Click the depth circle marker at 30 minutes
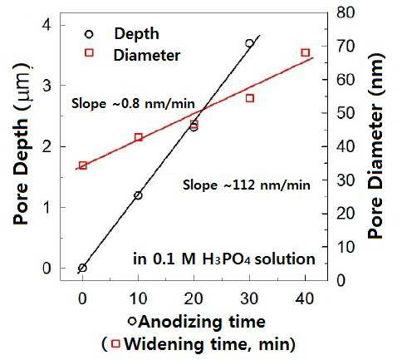click(x=249, y=43)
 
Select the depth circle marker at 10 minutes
click(x=138, y=195)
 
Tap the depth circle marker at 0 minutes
click(x=82, y=268)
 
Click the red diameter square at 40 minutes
click(x=305, y=52)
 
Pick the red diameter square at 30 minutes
click(x=250, y=98)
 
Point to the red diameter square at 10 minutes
click(x=139, y=137)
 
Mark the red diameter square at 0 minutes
click(x=82, y=165)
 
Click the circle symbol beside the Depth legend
click(x=89, y=34)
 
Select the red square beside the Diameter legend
click(x=89, y=52)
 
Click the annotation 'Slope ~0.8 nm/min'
click(x=133, y=104)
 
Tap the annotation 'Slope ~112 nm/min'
click(x=247, y=185)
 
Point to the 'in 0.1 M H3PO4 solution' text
click(x=224, y=259)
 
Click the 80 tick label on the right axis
click(x=346, y=12)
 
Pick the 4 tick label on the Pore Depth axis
click(x=47, y=25)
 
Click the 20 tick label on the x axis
click(x=194, y=298)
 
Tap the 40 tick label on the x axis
click(x=305, y=298)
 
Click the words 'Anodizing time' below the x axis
click(x=202, y=322)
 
